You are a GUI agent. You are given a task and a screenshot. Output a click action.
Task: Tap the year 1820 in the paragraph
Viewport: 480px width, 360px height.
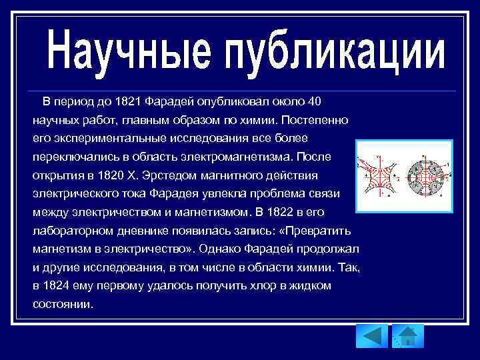point(111,175)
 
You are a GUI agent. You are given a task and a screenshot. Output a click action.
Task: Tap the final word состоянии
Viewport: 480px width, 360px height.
point(63,304)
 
